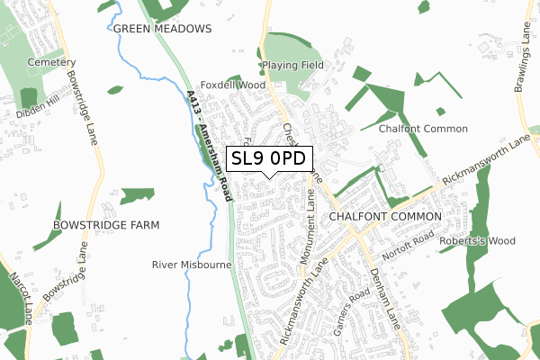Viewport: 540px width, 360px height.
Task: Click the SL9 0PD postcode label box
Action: pos(269,160)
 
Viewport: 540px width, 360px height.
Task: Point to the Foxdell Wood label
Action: pos(234,85)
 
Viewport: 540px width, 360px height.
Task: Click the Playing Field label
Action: pos(293,66)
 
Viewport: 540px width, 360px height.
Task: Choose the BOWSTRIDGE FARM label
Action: pos(106,224)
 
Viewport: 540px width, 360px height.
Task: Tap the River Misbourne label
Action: pos(192,265)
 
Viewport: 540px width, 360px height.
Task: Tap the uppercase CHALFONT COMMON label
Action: pos(385,218)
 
